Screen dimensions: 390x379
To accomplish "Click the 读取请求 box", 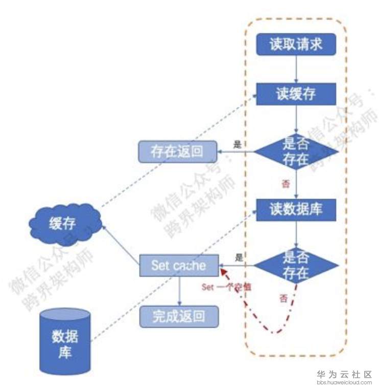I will pos(296,45).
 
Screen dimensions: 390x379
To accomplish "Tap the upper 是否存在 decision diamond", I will pos(296,152).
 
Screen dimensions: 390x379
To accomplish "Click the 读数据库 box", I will pos(296,209).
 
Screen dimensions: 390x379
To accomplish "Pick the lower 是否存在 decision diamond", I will pos(296,266).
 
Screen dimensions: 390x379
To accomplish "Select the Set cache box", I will pos(179,266).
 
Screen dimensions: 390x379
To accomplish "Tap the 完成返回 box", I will pos(178,316).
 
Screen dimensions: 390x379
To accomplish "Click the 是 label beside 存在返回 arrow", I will pos(237,144).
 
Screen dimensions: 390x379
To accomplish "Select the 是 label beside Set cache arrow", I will pos(239,257).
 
